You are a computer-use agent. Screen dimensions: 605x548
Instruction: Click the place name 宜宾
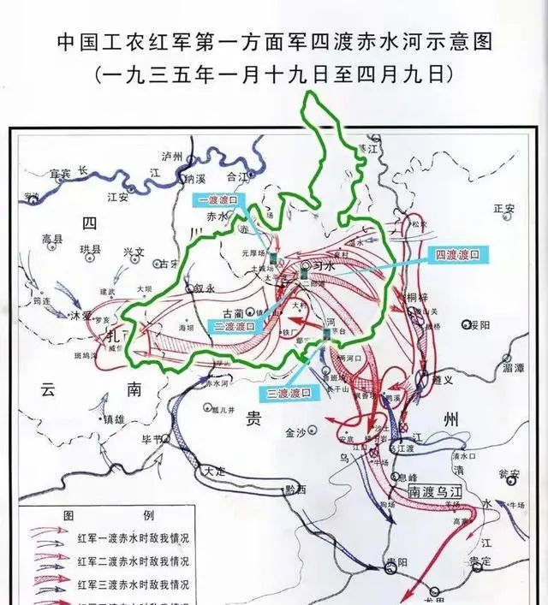click(58, 174)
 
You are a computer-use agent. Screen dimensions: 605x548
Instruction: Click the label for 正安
click(504, 209)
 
